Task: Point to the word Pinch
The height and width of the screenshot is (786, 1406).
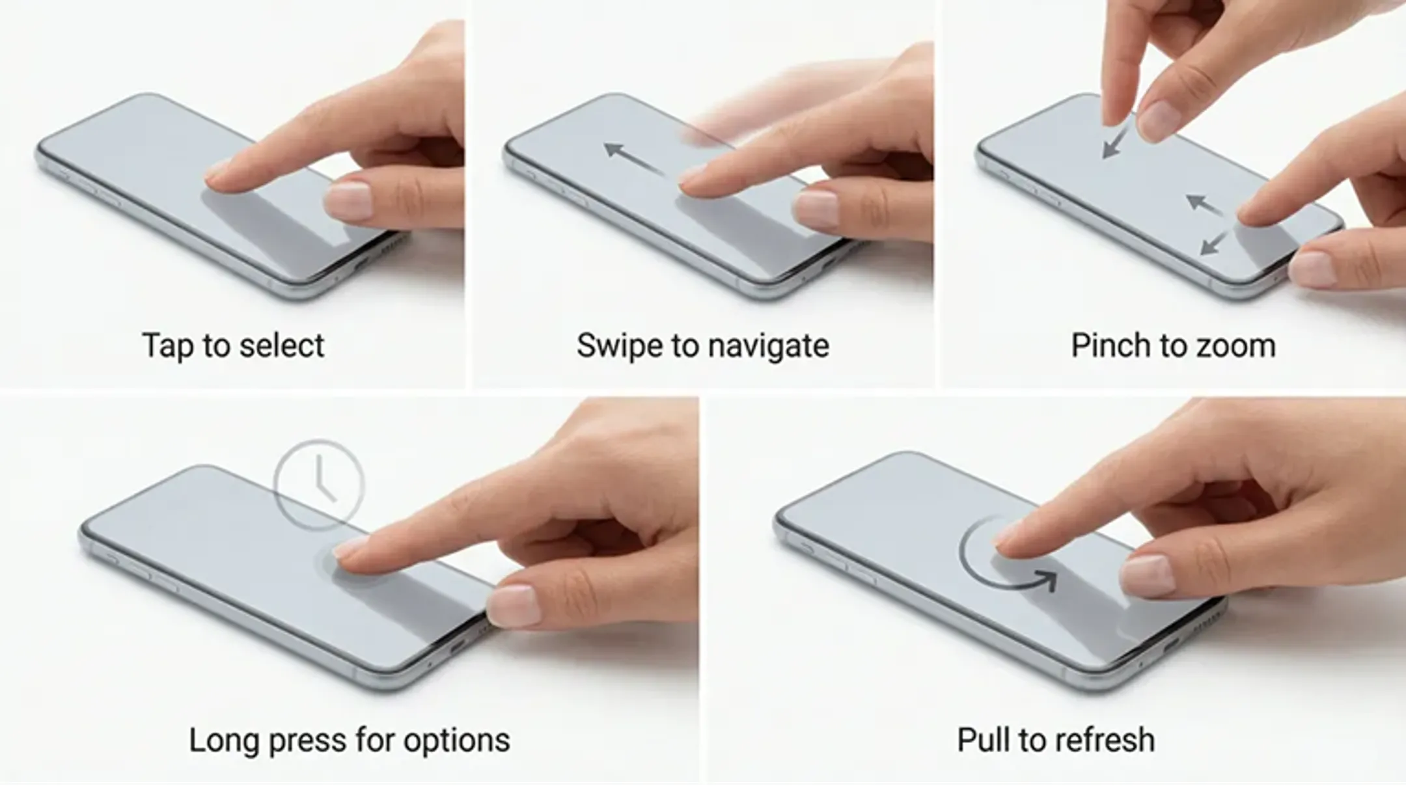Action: coord(1109,345)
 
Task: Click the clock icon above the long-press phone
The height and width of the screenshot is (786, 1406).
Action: coord(320,483)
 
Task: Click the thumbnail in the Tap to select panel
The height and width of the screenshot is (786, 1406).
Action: coord(348,200)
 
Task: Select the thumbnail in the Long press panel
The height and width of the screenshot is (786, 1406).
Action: coord(512,604)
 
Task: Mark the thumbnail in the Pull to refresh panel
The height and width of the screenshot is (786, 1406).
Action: coord(1147,575)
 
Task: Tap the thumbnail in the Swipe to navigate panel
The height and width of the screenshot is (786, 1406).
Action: coord(816,209)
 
